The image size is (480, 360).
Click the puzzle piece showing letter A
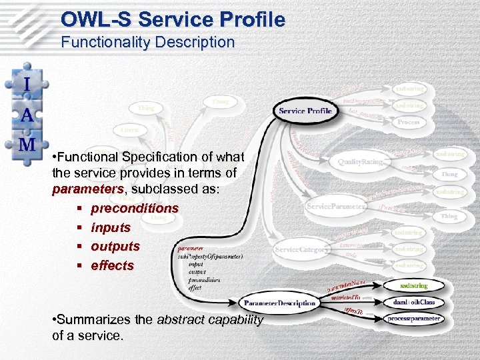click(x=26, y=113)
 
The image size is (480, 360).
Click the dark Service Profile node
click(x=305, y=111)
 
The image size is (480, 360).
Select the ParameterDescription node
click(x=279, y=303)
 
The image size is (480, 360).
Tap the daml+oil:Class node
click(x=414, y=302)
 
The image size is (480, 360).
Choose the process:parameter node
click(x=414, y=319)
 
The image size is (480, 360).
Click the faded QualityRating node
click(x=360, y=161)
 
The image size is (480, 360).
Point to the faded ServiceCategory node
click(x=302, y=249)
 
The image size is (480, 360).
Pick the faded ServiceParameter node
click(x=337, y=207)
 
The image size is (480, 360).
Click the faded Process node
click(x=409, y=123)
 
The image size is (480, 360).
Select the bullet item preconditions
click(x=135, y=209)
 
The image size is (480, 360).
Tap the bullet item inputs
click(x=111, y=227)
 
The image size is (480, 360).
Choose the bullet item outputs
click(x=115, y=246)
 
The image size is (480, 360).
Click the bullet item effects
click(x=113, y=265)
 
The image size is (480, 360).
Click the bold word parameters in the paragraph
click(x=79, y=189)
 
